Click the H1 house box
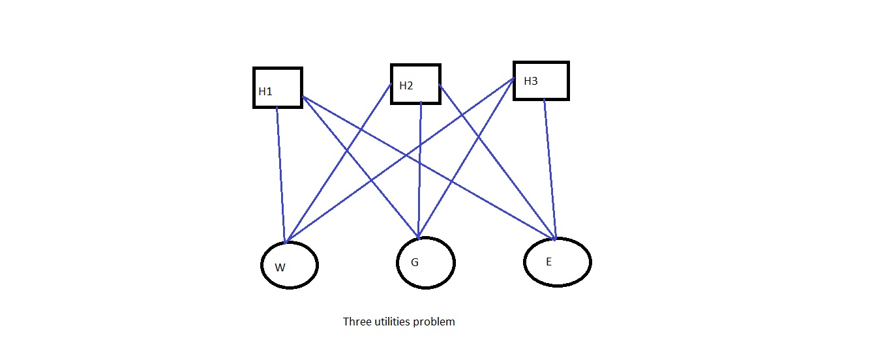click(x=278, y=87)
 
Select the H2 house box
click(x=415, y=83)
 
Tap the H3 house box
click(x=541, y=81)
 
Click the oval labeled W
click(x=290, y=265)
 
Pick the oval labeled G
click(x=425, y=263)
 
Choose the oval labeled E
click(x=557, y=262)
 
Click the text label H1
click(x=265, y=92)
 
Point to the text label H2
click(x=406, y=86)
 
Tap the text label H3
click(x=531, y=82)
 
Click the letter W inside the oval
click(x=280, y=267)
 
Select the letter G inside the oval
click(x=414, y=263)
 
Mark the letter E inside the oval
click(x=548, y=262)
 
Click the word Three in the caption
click(x=356, y=322)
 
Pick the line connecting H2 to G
click(x=420, y=170)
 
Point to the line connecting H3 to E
click(x=550, y=170)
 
